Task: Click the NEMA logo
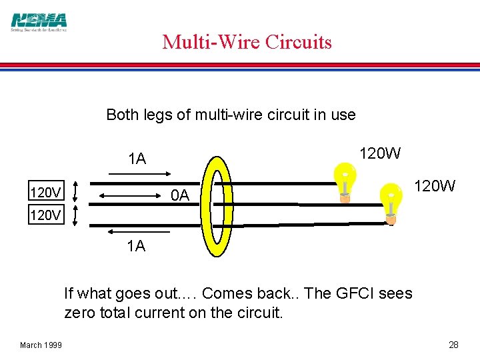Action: tap(39, 21)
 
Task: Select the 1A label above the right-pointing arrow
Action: tap(137, 159)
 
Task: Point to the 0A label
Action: tap(180, 195)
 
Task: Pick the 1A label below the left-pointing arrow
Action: tap(136, 246)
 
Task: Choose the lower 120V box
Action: tap(46, 215)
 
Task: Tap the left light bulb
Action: tap(345, 183)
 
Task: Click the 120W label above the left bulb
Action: tap(381, 153)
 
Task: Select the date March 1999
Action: tap(41, 345)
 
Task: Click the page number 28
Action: tap(453, 345)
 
